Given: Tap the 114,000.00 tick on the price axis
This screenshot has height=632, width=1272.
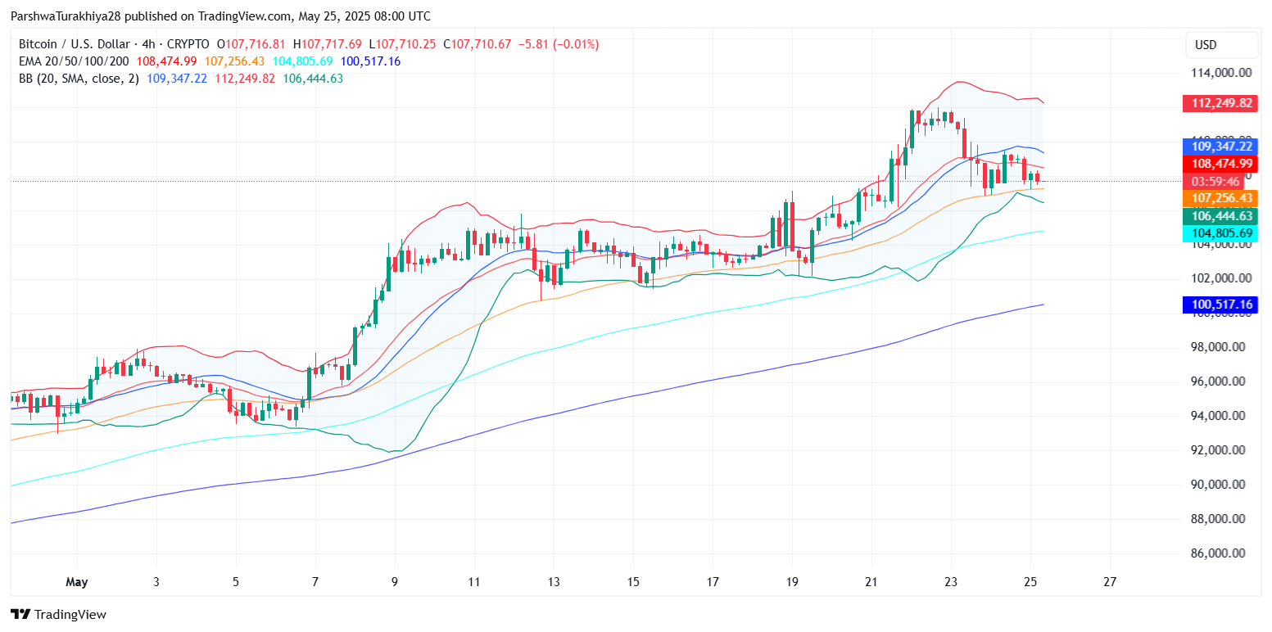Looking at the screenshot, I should (1220, 72).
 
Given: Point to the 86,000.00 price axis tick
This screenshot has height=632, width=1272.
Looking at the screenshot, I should (1220, 553).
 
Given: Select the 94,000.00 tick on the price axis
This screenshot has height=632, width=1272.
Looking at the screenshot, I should (1220, 416).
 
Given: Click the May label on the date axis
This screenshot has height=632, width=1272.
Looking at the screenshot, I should (76, 582).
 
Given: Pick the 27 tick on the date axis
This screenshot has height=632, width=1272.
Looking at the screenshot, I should (1110, 582).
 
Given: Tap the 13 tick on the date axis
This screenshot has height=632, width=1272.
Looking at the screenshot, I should (554, 582).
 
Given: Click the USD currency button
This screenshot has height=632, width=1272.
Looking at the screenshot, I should (1206, 45).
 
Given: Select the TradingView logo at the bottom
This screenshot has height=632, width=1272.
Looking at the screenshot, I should (58, 614).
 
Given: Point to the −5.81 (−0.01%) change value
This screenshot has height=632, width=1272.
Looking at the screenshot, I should (559, 44).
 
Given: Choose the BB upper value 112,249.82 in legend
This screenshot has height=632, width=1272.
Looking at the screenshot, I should (245, 79).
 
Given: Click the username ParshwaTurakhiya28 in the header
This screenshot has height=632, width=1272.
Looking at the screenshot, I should (66, 16).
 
